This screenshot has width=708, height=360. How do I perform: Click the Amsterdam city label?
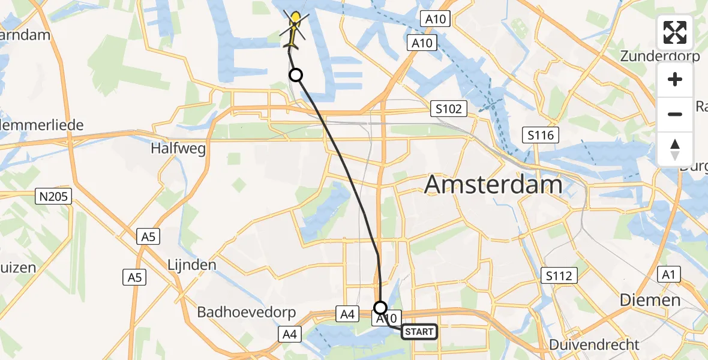[493, 185]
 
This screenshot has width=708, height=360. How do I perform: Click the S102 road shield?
[449, 109]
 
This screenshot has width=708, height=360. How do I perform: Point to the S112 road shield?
[559, 275]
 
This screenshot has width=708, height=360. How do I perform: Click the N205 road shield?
[55, 196]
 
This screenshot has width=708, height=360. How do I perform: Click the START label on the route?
[419, 332]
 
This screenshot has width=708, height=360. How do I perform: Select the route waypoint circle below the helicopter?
[295, 75]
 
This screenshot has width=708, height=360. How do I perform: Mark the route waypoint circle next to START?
[380, 308]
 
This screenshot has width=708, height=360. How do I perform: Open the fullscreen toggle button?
[675, 32]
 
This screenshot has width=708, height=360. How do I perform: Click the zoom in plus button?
[675, 79]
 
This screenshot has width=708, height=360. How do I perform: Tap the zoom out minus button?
[675, 114]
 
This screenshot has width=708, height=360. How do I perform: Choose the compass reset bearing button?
[675, 149]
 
